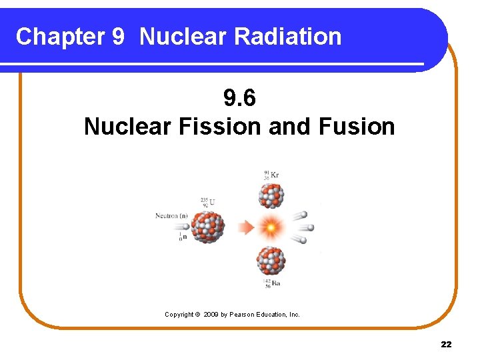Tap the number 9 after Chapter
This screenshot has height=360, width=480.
click(117, 37)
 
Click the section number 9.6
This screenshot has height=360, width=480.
click(239, 99)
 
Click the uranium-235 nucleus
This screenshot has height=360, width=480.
click(208, 227)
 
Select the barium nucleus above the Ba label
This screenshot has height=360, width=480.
click(271, 261)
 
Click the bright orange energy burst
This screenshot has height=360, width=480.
click(271, 229)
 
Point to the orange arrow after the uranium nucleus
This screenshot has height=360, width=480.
click(247, 228)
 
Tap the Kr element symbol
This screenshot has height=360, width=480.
click(275, 175)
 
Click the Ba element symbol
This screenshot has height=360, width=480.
click(275, 283)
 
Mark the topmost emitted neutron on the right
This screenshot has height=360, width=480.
click(303, 215)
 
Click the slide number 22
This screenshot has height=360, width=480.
click(446, 344)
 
